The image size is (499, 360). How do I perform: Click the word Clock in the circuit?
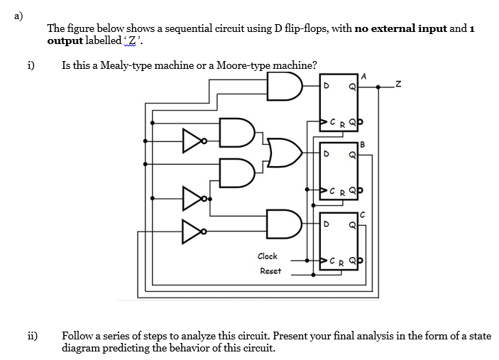point(268,256)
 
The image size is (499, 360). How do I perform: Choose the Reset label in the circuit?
point(270,271)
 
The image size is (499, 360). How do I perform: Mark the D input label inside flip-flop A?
point(327,87)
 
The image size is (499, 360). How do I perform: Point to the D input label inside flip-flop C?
point(327,225)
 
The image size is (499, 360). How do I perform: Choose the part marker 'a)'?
point(9,9)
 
